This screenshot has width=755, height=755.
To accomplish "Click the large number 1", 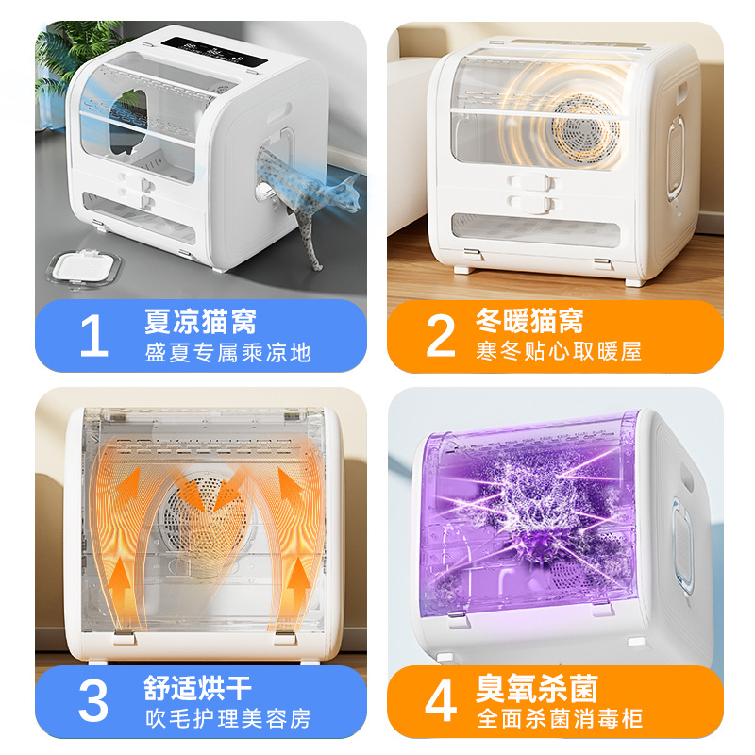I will click(x=93, y=337).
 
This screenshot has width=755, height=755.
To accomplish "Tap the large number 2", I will click(x=441, y=337).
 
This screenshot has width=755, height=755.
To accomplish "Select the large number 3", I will click(x=93, y=702).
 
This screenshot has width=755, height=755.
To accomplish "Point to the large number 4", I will click(x=441, y=702).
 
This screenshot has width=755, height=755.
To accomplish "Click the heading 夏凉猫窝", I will click(x=200, y=321).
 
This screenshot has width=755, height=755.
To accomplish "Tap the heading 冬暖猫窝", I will click(x=528, y=321).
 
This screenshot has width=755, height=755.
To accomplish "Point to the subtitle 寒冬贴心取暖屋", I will click(x=560, y=352).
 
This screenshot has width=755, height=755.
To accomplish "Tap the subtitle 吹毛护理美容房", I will click(x=227, y=718).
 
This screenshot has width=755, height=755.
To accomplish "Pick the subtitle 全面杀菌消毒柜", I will click(x=560, y=718).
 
